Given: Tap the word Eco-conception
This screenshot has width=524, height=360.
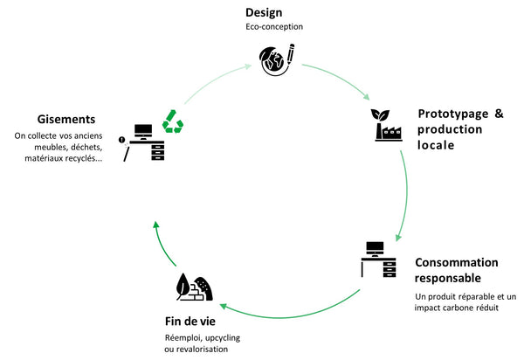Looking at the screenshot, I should [274, 26].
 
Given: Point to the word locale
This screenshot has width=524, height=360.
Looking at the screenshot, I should [436, 145].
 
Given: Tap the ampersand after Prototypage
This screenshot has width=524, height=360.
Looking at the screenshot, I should [500, 114].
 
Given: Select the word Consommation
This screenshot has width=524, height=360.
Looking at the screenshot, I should [457, 262].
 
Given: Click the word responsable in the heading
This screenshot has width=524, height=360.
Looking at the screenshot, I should [447, 278].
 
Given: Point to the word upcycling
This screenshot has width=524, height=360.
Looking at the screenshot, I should [215, 336].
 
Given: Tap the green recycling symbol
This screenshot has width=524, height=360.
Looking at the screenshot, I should [173, 121].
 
